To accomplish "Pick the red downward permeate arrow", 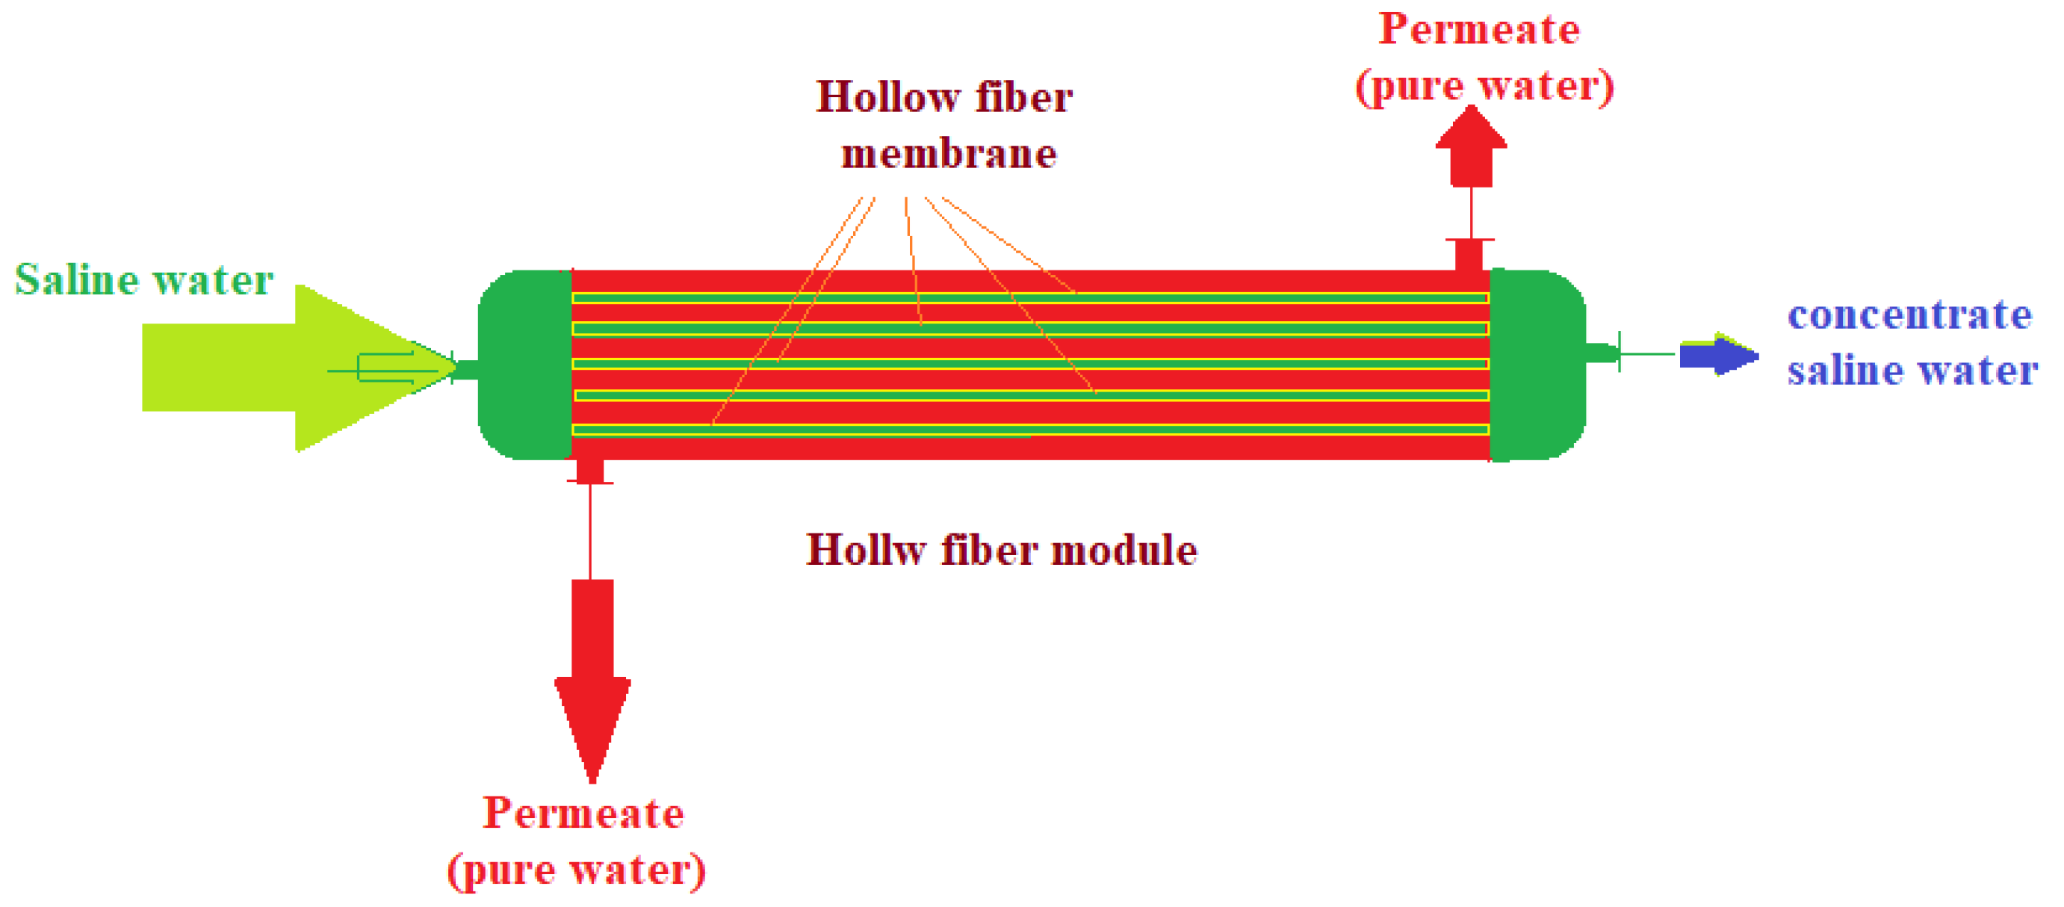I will tap(592, 681).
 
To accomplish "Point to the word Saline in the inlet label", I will tap(77, 279).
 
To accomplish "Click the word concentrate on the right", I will tap(1909, 314).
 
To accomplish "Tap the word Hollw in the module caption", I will tap(865, 551).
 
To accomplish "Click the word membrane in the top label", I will tap(949, 153).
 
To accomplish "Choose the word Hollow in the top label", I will tap(887, 97).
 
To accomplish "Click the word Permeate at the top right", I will tap(1479, 30).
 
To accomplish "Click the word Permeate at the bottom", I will tap(583, 814).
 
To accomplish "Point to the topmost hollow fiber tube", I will tap(1202, 298).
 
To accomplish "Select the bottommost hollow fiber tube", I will tap(1202, 430).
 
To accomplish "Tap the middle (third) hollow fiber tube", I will tap(1202, 364).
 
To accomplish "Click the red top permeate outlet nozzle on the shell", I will tap(1469, 254).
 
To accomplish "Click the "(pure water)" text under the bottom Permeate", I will tap(577, 870).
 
